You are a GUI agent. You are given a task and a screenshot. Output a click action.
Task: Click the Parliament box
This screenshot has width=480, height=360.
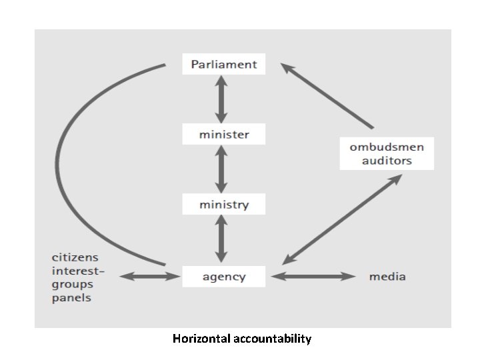click(x=223, y=65)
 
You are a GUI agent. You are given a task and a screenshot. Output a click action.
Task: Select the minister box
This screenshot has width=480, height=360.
click(x=223, y=134)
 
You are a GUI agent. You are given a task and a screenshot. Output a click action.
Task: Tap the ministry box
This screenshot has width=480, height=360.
click(x=223, y=204)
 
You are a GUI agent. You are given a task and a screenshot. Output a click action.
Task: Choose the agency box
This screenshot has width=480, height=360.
click(x=223, y=277)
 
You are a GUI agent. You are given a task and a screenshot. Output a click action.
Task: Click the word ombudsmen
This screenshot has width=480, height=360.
click(x=387, y=147)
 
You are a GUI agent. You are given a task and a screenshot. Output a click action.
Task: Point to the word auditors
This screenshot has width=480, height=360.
click(x=387, y=161)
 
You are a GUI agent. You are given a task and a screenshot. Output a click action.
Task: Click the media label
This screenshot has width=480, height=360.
click(x=387, y=277)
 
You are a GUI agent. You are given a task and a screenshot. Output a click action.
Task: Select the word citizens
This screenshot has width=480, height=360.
click(x=75, y=257)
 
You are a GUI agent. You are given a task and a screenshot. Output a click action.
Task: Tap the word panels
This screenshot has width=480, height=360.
click(x=72, y=298)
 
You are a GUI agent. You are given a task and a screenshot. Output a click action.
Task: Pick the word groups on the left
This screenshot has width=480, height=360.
click(x=73, y=284)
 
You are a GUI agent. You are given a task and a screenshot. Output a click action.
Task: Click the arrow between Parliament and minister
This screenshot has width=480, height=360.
click(x=221, y=99)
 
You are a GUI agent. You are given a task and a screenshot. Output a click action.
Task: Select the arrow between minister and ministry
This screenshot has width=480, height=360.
click(x=221, y=169)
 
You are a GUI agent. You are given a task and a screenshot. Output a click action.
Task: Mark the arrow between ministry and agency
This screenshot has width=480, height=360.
click(x=221, y=239)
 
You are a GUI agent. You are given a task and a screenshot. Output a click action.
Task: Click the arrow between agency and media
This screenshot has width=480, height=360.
click(x=314, y=276)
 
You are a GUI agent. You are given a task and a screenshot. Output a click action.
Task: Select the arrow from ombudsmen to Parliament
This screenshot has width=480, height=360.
click(x=327, y=95)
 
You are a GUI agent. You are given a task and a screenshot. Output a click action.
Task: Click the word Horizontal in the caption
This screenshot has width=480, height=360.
click(x=202, y=339)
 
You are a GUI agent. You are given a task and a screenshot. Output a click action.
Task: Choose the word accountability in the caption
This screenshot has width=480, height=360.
click(x=273, y=339)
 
